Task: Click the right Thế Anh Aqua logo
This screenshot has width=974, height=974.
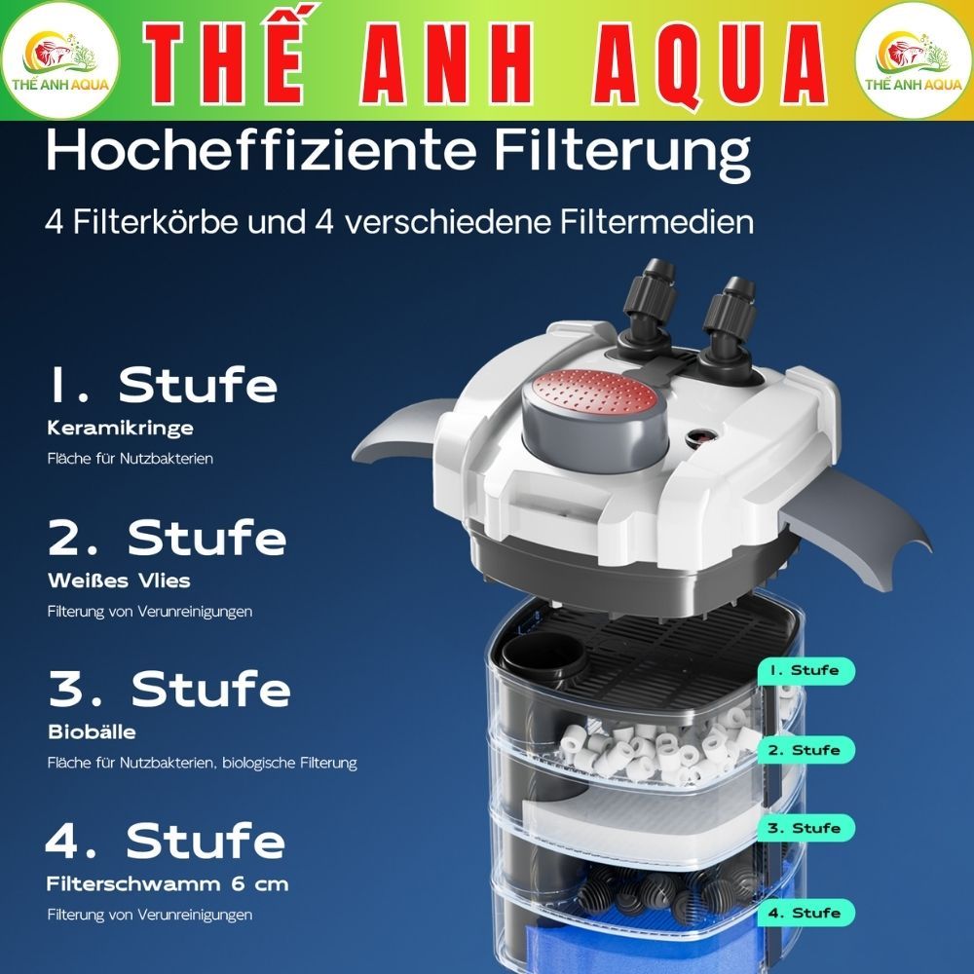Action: [x=913, y=60]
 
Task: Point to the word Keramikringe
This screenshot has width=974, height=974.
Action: [x=120, y=428]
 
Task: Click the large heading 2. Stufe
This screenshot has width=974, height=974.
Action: [x=167, y=539]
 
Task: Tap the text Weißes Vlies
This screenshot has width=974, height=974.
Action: [x=119, y=581]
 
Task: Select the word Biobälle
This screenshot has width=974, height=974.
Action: [x=92, y=731]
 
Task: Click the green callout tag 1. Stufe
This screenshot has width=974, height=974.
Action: [x=804, y=671]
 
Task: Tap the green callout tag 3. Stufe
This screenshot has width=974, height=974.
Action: [x=804, y=828]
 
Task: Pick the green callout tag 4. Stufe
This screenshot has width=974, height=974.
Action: [x=804, y=914]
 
